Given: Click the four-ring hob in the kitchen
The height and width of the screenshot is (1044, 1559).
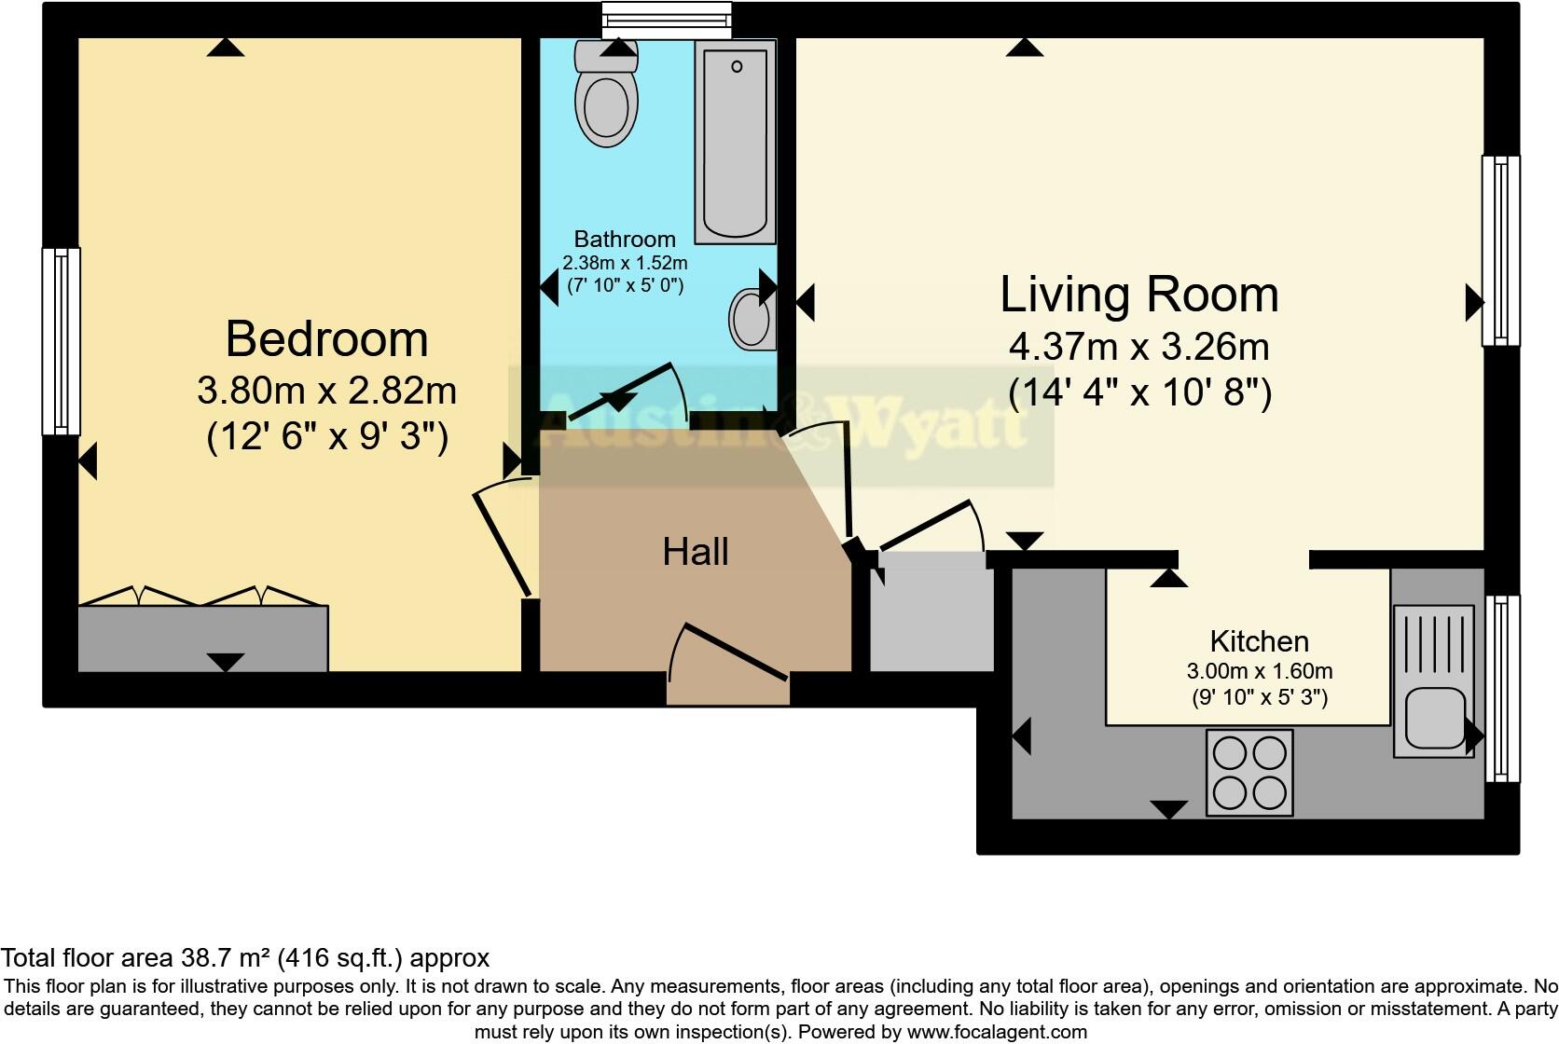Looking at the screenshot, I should (1249, 773).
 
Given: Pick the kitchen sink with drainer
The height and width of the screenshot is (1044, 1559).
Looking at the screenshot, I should (1433, 680).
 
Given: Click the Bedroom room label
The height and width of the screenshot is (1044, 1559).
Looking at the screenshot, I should (326, 339).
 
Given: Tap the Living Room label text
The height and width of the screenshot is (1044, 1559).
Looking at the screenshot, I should (1138, 295).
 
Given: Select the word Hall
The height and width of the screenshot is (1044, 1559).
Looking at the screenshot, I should (695, 552).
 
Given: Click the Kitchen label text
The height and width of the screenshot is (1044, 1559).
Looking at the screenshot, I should (1259, 641).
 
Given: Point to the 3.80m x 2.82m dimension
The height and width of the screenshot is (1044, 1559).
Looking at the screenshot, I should (326, 391).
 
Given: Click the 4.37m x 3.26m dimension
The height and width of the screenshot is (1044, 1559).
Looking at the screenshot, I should (1138, 348).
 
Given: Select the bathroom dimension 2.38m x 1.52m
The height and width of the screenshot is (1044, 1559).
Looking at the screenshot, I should (624, 263).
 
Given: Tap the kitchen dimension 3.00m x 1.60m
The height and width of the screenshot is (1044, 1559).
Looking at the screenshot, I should (1259, 671).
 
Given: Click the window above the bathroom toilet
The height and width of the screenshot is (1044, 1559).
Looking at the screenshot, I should (666, 18).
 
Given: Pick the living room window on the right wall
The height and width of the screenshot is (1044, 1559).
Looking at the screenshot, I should (1500, 250).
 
